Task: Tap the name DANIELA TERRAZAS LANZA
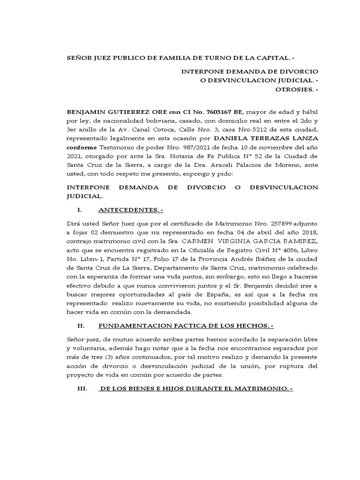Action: pyautogui.click(x=266, y=138)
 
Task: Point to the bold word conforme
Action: pyautogui.click(x=82, y=147)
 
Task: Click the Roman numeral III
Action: pyautogui.click(x=81, y=389)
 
